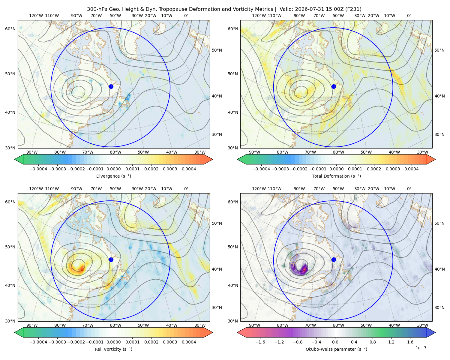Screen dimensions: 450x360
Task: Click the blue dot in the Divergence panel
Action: (111, 86)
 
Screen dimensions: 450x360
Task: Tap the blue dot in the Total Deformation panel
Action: (334, 86)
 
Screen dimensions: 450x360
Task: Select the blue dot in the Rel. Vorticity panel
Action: (111, 259)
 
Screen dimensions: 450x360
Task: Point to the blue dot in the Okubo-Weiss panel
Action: (334, 259)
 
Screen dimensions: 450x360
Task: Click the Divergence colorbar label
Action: (113, 176)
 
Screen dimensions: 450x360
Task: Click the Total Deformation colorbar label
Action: (336, 176)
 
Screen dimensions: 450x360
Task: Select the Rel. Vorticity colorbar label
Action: (113, 349)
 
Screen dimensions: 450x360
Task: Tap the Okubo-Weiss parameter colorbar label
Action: (336, 349)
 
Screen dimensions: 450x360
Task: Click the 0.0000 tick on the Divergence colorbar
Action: (113, 169)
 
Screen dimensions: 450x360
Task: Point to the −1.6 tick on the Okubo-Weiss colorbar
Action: (260, 342)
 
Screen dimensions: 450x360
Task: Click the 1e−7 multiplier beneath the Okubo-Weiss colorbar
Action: (421, 348)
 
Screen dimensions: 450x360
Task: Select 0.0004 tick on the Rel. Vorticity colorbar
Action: (189, 342)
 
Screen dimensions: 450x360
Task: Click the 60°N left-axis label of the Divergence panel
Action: (10, 29)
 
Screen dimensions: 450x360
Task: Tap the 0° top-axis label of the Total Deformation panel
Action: (409, 16)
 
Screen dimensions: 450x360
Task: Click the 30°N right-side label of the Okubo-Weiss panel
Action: (439, 307)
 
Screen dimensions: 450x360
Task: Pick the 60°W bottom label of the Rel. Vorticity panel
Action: (115, 325)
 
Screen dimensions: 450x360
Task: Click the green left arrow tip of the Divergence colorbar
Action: (15, 159)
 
